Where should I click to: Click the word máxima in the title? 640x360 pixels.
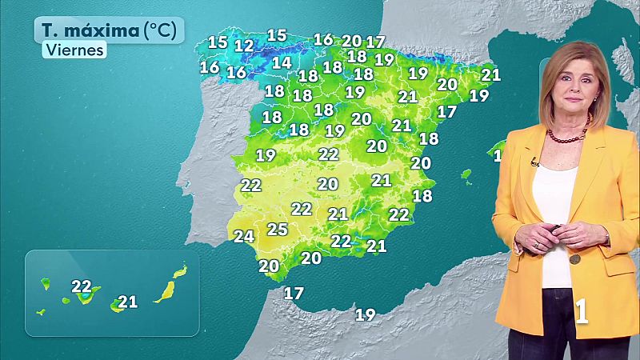[102, 31]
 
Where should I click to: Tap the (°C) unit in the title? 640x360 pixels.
[162, 31]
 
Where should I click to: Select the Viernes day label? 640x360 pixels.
[74, 50]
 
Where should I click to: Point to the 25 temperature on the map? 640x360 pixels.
[277, 230]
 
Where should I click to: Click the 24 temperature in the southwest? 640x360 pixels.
[244, 236]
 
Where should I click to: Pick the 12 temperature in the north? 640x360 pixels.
[244, 46]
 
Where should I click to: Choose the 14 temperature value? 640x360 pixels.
[281, 62]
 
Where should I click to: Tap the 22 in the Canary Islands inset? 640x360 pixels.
[81, 286]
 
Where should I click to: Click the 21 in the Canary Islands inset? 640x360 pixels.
[127, 302]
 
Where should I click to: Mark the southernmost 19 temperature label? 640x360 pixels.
[365, 314]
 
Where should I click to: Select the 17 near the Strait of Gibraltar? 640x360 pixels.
[294, 294]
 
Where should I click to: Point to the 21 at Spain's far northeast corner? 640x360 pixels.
[490, 75]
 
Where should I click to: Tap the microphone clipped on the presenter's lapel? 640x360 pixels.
[534, 162]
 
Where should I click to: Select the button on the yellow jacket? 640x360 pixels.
[574, 259]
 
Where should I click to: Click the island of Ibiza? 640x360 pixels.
[466, 173]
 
